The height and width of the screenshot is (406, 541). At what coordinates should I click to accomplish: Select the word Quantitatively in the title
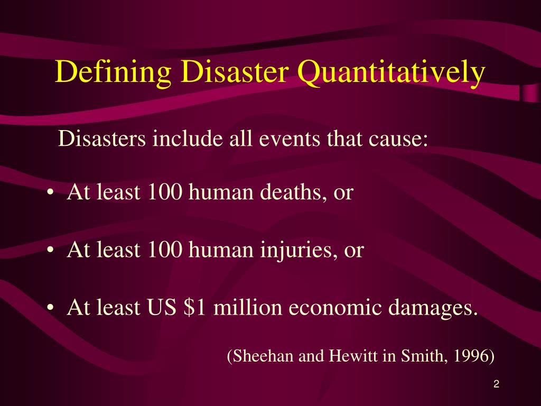pyautogui.click(x=390, y=72)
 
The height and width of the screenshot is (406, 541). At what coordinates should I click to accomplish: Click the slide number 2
pyautogui.click(x=496, y=385)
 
